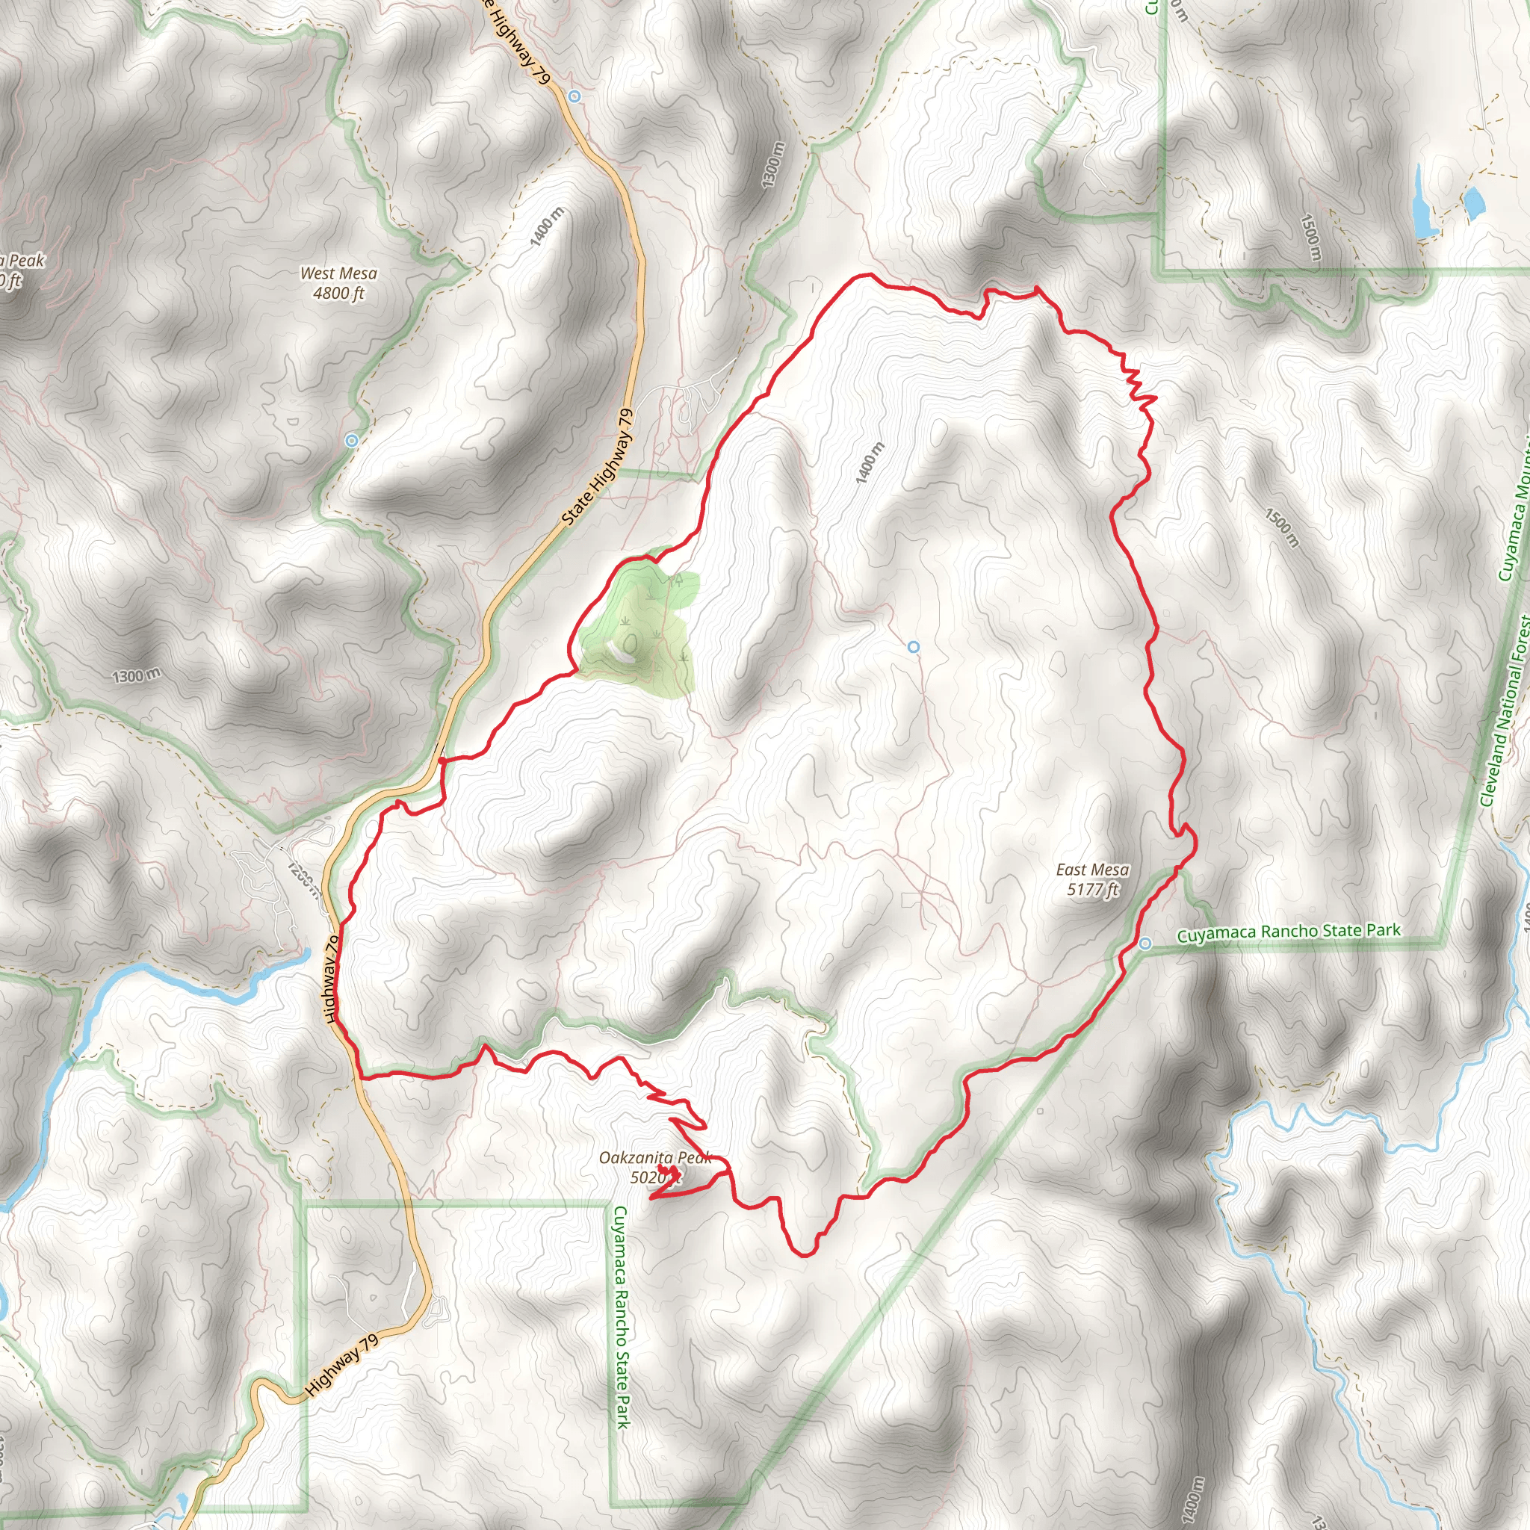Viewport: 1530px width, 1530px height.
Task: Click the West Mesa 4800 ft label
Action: (x=339, y=283)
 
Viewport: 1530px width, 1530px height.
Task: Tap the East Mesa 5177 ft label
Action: (x=1092, y=880)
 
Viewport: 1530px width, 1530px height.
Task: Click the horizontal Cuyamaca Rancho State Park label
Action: (x=1289, y=932)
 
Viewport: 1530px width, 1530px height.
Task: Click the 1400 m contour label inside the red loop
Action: (x=870, y=462)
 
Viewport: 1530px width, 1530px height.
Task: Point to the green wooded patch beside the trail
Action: (x=638, y=625)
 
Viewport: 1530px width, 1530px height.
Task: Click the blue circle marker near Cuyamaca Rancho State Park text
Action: (x=1145, y=944)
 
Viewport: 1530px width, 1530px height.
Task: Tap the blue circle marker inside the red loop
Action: (x=914, y=647)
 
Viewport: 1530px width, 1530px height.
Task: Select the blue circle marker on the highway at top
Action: (x=575, y=96)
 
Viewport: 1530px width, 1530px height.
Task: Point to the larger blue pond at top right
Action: (x=1423, y=202)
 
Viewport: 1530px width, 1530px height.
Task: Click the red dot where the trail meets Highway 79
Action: (x=441, y=760)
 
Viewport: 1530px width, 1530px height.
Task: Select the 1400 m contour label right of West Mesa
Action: (x=547, y=226)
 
